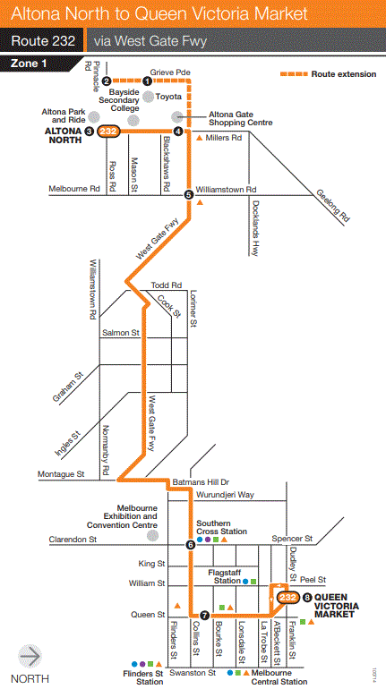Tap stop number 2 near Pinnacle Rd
[106, 81]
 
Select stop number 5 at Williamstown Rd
[188, 194]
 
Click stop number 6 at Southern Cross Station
[190, 544]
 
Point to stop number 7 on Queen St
[205, 615]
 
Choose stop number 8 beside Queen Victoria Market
[308, 597]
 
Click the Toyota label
[168, 96]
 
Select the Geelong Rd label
[332, 205]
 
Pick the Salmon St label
[122, 333]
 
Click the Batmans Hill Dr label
[207, 481]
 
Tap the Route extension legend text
[344, 74]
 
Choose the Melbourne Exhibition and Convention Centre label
[124, 517]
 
